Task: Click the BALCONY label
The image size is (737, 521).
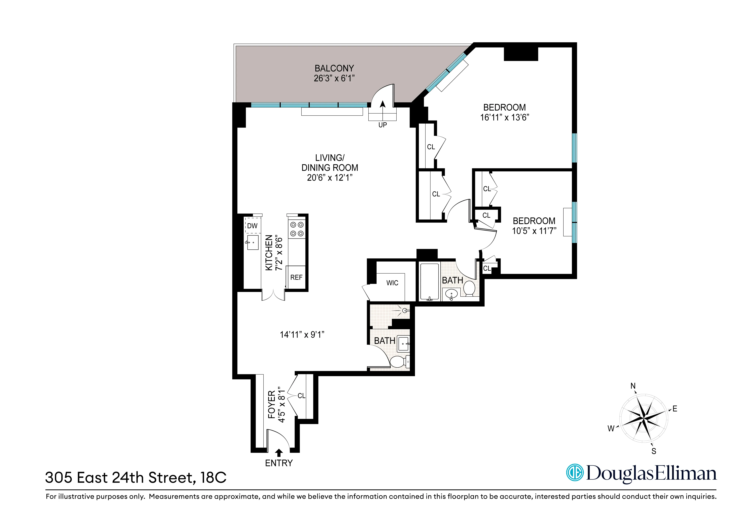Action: tap(334, 68)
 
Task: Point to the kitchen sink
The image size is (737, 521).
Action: tap(253, 242)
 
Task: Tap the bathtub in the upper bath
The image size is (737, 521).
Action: tap(429, 282)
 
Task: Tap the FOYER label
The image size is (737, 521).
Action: tap(272, 405)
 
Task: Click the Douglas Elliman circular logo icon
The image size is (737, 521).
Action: tap(575, 473)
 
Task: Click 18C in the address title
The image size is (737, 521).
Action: tap(214, 478)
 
